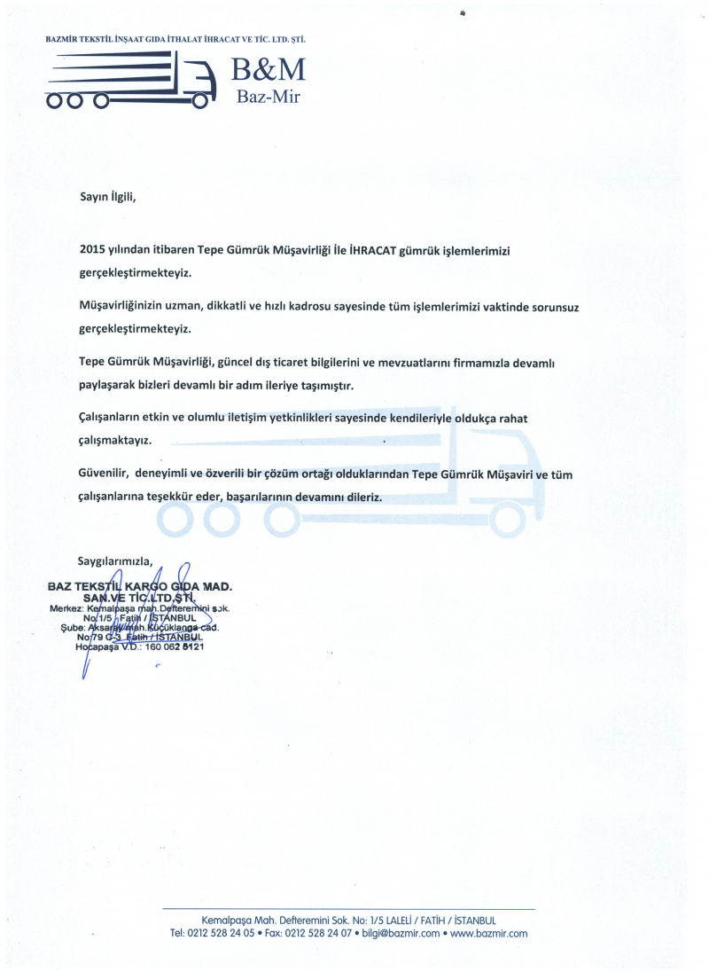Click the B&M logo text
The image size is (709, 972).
(x=269, y=69)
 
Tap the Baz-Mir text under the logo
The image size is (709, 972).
(x=269, y=97)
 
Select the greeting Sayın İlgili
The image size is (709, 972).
(x=108, y=197)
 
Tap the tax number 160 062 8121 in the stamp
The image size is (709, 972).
(x=174, y=647)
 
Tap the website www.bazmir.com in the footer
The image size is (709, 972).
(x=489, y=933)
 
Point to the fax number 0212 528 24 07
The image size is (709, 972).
(x=315, y=933)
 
